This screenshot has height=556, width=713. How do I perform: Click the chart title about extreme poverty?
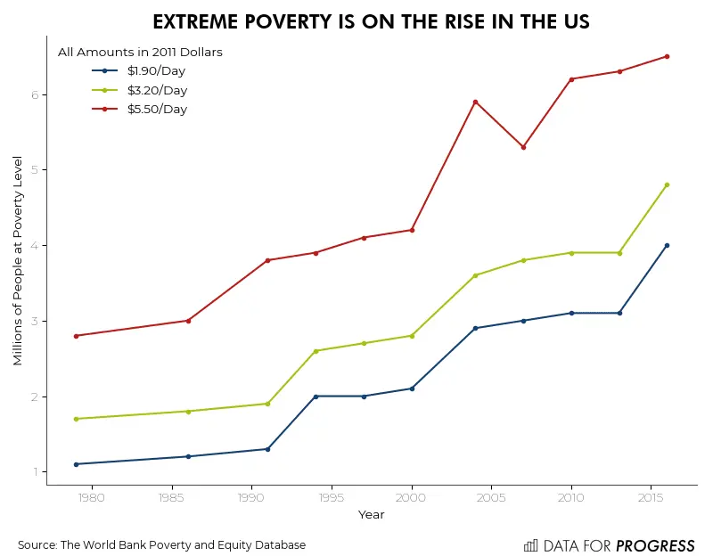pos(371,22)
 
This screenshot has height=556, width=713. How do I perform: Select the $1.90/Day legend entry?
pos(156,70)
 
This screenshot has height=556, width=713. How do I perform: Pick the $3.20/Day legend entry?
pos(156,90)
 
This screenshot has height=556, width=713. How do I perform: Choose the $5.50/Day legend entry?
pos(156,110)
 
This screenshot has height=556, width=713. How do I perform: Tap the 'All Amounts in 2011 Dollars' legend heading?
pos(140,52)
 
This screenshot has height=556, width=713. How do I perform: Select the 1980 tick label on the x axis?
pos(92,497)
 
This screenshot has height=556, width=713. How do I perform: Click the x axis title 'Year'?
pos(371,515)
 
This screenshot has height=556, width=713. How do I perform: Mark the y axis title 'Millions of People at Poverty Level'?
pos(18,260)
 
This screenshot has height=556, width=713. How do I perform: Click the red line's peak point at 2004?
pos(475,102)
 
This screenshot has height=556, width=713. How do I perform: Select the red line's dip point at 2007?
pos(523,147)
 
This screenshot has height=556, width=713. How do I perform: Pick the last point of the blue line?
pos(667,245)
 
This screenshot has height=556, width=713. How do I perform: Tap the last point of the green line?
pos(667,184)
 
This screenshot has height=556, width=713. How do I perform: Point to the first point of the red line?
pos(77,336)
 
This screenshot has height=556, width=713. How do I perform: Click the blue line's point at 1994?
pos(316,397)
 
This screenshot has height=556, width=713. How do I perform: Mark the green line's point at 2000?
pos(412,336)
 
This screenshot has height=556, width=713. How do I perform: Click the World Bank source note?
pos(161,545)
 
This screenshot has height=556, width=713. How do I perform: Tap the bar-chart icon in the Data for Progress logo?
pos(530,545)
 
